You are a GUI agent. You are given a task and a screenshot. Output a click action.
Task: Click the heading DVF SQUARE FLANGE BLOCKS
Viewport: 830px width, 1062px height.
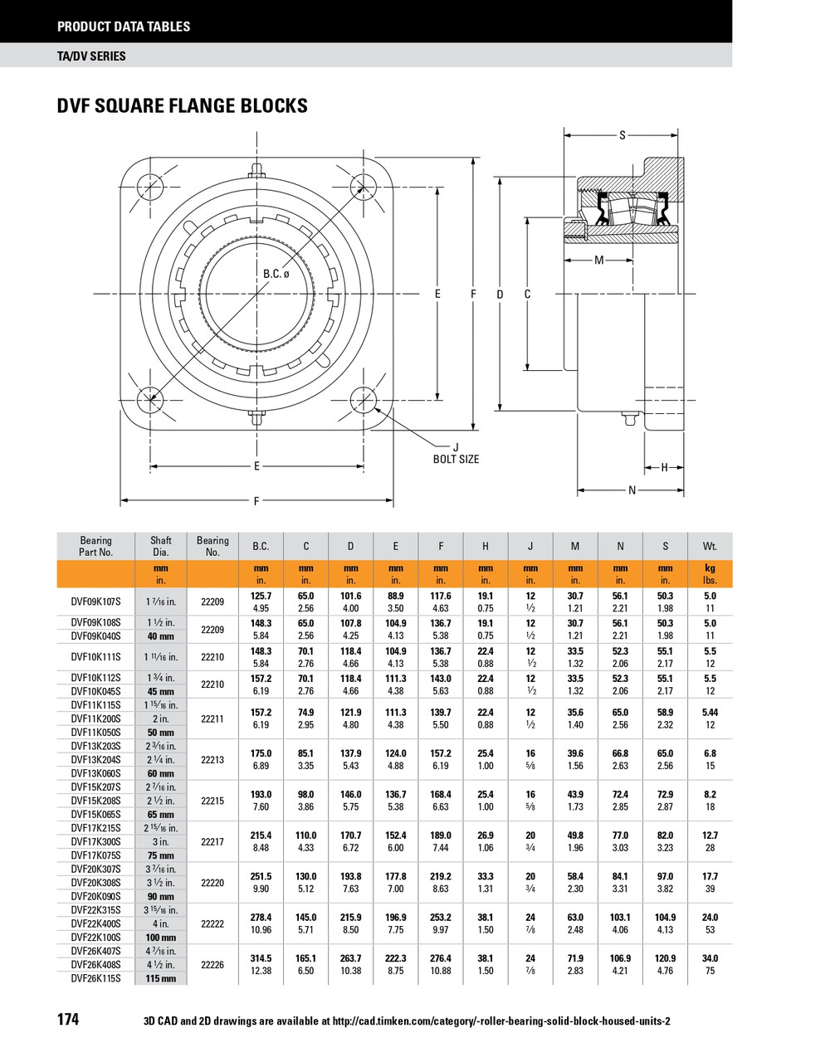pos(182,106)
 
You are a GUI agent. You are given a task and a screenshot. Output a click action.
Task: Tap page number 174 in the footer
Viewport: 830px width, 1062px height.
pos(68,1019)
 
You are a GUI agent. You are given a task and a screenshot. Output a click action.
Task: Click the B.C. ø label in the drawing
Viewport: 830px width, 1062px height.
pos(276,275)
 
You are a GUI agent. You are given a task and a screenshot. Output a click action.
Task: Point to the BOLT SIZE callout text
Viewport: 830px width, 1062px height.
pos(456,459)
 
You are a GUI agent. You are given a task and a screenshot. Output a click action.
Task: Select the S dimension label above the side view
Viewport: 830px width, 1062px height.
pos(622,135)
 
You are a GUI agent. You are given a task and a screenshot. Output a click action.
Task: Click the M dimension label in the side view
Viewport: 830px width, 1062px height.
pos(599,261)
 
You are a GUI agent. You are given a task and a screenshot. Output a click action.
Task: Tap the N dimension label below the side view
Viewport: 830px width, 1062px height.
pos(632,490)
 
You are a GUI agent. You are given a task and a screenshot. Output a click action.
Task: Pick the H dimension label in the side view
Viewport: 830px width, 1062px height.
pos(665,468)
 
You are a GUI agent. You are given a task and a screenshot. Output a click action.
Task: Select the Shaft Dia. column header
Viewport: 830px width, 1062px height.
pos(161,546)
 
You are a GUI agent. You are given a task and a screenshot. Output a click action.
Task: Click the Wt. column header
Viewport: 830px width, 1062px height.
pos(710,546)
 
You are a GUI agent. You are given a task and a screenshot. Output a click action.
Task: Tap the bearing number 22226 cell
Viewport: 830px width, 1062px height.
pos(212,965)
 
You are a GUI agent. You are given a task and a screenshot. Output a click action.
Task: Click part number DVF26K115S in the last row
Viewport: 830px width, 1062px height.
pos(95,978)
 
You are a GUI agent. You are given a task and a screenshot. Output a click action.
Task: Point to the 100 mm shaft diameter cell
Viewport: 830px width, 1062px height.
pos(161,938)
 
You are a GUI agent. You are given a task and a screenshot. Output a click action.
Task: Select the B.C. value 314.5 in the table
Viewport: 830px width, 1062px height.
pos(261,958)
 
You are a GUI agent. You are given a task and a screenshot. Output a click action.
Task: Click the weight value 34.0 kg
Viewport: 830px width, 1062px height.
pos(710,958)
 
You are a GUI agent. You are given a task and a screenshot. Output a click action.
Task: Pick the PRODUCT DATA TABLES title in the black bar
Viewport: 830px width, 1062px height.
pos(124,27)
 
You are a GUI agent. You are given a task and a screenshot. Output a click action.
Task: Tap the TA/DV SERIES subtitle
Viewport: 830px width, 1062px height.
pos(91,56)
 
